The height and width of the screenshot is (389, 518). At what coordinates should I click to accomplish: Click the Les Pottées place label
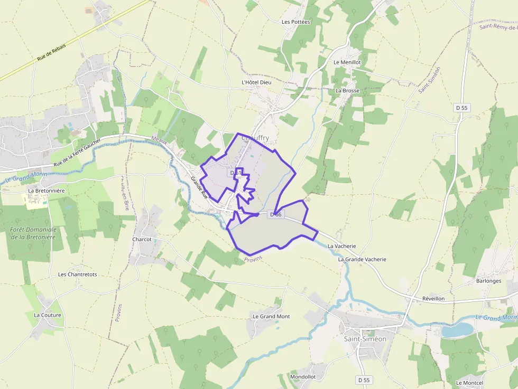(295, 22)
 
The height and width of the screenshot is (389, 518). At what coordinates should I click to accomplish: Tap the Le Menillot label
(347, 62)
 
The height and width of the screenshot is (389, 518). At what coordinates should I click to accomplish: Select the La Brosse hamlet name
(347, 90)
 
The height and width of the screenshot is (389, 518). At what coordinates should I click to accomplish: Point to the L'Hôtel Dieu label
(256, 82)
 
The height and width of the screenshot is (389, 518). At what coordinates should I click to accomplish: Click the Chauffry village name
(255, 138)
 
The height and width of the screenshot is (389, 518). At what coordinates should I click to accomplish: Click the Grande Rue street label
(200, 188)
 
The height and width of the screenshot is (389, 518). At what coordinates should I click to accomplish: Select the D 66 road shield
(276, 214)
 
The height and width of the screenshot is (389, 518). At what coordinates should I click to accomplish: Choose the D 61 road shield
(235, 173)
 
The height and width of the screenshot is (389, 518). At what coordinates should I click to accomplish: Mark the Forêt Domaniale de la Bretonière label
(33, 233)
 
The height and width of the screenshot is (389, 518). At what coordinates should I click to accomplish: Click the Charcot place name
(142, 239)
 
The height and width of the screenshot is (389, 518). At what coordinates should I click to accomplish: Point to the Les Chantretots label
(77, 274)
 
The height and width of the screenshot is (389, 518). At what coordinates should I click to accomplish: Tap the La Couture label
(48, 315)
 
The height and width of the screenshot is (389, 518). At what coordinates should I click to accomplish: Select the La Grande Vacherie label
(362, 259)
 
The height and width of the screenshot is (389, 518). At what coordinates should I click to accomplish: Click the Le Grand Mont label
(271, 316)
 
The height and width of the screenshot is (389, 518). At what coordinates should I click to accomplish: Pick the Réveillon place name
(433, 298)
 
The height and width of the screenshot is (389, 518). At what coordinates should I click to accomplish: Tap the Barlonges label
(488, 281)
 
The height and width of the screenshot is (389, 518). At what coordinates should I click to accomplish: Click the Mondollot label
(303, 376)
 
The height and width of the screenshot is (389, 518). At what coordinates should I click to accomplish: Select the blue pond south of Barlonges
(457, 330)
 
